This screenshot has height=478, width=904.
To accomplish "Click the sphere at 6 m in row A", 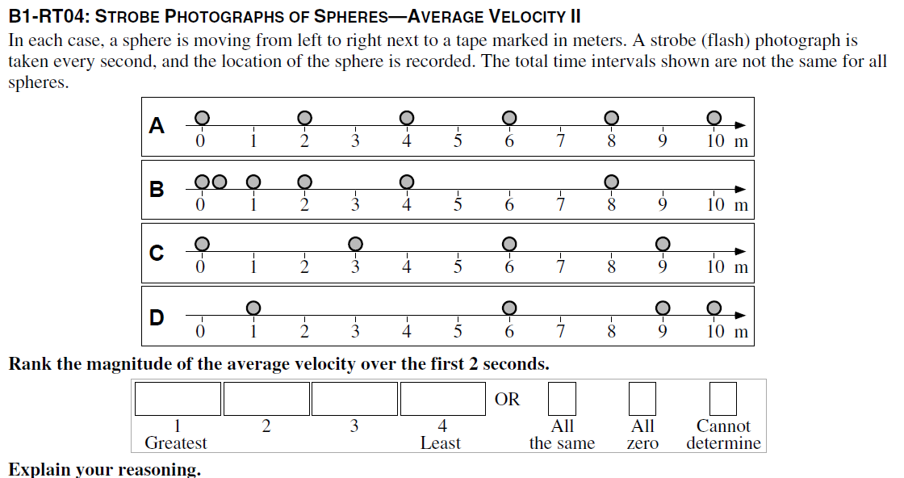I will point(509,118).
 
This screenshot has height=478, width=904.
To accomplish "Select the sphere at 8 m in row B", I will point(612,182).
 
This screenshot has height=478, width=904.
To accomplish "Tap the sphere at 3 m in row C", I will point(355,243).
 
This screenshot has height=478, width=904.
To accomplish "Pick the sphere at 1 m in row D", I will point(253,308).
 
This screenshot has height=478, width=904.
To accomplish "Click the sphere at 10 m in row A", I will point(714,118).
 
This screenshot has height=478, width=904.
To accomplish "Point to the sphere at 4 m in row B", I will point(407,182).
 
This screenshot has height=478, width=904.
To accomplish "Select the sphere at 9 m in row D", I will point(663,308).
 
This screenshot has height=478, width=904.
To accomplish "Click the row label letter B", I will point(157,190).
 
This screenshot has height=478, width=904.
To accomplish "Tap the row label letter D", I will point(157,317).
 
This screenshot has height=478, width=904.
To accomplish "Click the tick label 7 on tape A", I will point(560,141).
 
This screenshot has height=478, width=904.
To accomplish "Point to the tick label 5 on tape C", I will point(458,267).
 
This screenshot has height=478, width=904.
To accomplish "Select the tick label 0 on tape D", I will point(201,331).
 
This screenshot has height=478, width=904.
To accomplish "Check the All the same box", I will point(562,399).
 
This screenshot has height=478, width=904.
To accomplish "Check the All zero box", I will point(642,399).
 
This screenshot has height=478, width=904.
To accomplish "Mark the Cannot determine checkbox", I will point(723,399).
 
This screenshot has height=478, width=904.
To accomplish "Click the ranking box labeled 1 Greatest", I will point(178,399).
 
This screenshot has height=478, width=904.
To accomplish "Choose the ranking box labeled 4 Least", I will point(442,399).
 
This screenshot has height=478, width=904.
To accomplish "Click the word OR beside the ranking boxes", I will point(507,399).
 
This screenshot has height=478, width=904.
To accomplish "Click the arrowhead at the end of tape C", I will point(740,252).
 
